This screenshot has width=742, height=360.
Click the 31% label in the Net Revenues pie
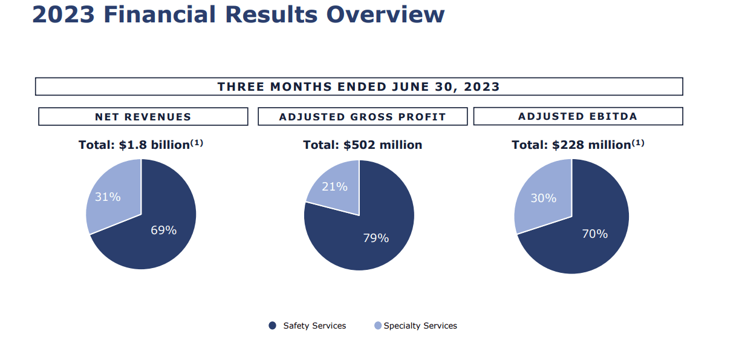[108, 197]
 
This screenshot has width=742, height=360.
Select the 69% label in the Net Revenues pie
[163, 230]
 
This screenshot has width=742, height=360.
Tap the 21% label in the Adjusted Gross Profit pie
[334, 186]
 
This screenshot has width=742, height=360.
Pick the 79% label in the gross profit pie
[376, 238]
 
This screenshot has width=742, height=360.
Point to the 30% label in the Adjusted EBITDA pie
[543, 198]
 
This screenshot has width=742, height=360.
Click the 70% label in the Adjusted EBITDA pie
[594, 234]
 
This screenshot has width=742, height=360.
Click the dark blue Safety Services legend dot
[272, 326]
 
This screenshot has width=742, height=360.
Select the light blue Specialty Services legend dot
[378, 326]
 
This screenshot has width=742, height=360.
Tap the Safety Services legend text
[314, 326]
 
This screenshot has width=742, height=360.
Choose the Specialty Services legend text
[420, 326]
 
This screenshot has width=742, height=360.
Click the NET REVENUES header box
[143, 117]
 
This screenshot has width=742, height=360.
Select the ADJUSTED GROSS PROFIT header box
[362, 117]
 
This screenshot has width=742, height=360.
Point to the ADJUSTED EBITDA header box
[578, 116]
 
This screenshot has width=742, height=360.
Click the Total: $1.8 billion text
[134, 145]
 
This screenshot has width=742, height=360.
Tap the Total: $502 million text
[362, 145]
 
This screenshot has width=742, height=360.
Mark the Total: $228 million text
[571, 145]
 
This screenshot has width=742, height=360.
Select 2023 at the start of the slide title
[63, 15]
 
